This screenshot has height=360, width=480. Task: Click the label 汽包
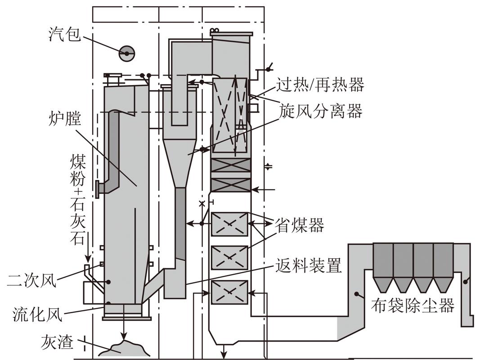click(64, 34)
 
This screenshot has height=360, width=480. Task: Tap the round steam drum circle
click(126, 54)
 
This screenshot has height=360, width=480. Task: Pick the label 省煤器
click(300, 225)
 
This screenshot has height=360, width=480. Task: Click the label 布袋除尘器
click(412, 306)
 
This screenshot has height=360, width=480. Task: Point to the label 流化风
click(32, 312)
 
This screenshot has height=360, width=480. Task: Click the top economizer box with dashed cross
click(229, 224)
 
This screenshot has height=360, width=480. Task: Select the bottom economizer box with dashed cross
click(229, 292)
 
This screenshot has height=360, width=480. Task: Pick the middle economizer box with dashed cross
click(229, 257)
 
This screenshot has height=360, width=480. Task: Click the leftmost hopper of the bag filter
click(383, 284)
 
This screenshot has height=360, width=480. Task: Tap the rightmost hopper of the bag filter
click(443, 284)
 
